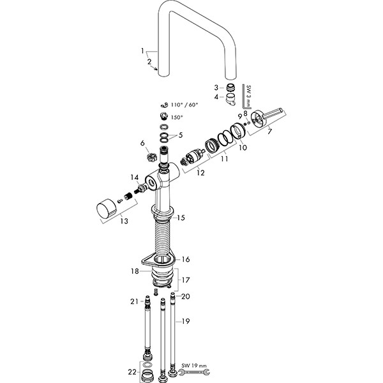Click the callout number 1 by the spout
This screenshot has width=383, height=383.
coord(144,50)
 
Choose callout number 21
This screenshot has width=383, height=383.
coord(135,301)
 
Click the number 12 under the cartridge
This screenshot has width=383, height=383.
coord(200,172)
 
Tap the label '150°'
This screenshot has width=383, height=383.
coord(176,117)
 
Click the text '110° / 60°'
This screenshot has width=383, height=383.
coord(184,104)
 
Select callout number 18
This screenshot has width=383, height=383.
coord(135,271)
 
